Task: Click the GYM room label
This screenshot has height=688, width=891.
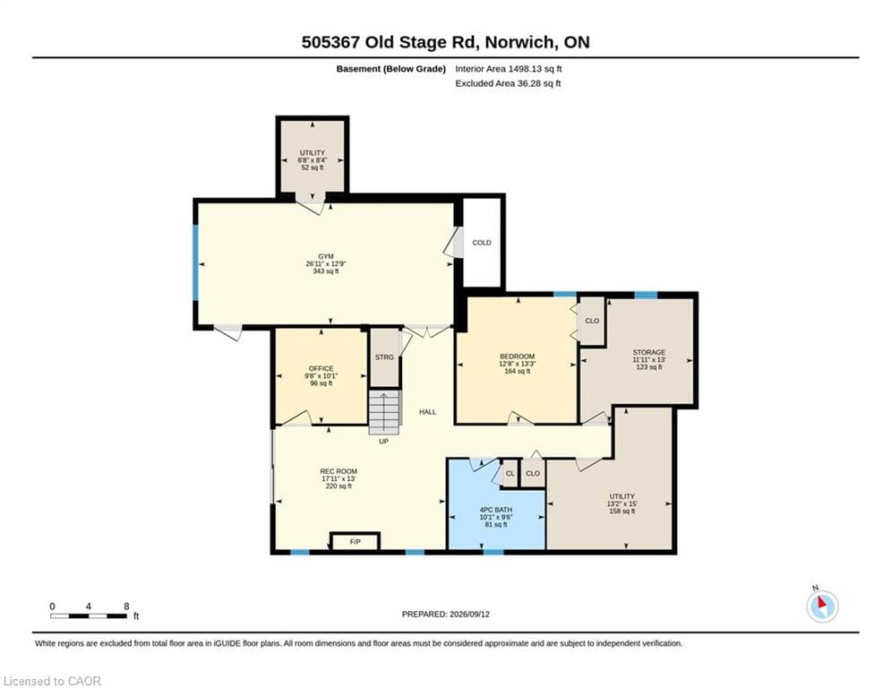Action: [326, 256]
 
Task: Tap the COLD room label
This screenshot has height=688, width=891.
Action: [481, 243]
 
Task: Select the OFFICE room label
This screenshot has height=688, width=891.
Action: [321, 368]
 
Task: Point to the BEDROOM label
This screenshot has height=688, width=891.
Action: [517, 357]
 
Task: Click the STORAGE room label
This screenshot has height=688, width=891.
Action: [649, 353]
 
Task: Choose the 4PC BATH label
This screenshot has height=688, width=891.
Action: [496, 510]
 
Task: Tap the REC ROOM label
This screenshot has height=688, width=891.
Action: [338, 471]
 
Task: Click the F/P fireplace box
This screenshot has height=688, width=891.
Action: [356, 541]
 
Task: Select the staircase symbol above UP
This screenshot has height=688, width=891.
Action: [385, 413]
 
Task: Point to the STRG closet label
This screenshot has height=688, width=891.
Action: [384, 357]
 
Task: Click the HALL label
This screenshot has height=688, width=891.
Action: [427, 412]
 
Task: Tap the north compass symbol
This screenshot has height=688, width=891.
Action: [822, 606]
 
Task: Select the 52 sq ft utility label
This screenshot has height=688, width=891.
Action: [313, 168]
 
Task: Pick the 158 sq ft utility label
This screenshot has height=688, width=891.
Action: [622, 512]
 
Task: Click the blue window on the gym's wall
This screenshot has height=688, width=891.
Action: [195, 262]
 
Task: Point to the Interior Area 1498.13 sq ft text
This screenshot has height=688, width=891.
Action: [509, 69]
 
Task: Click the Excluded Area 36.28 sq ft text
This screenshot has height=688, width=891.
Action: [508, 83]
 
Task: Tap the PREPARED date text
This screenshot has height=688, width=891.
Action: [446, 614]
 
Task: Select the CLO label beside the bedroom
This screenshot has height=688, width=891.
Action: [592, 321]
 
